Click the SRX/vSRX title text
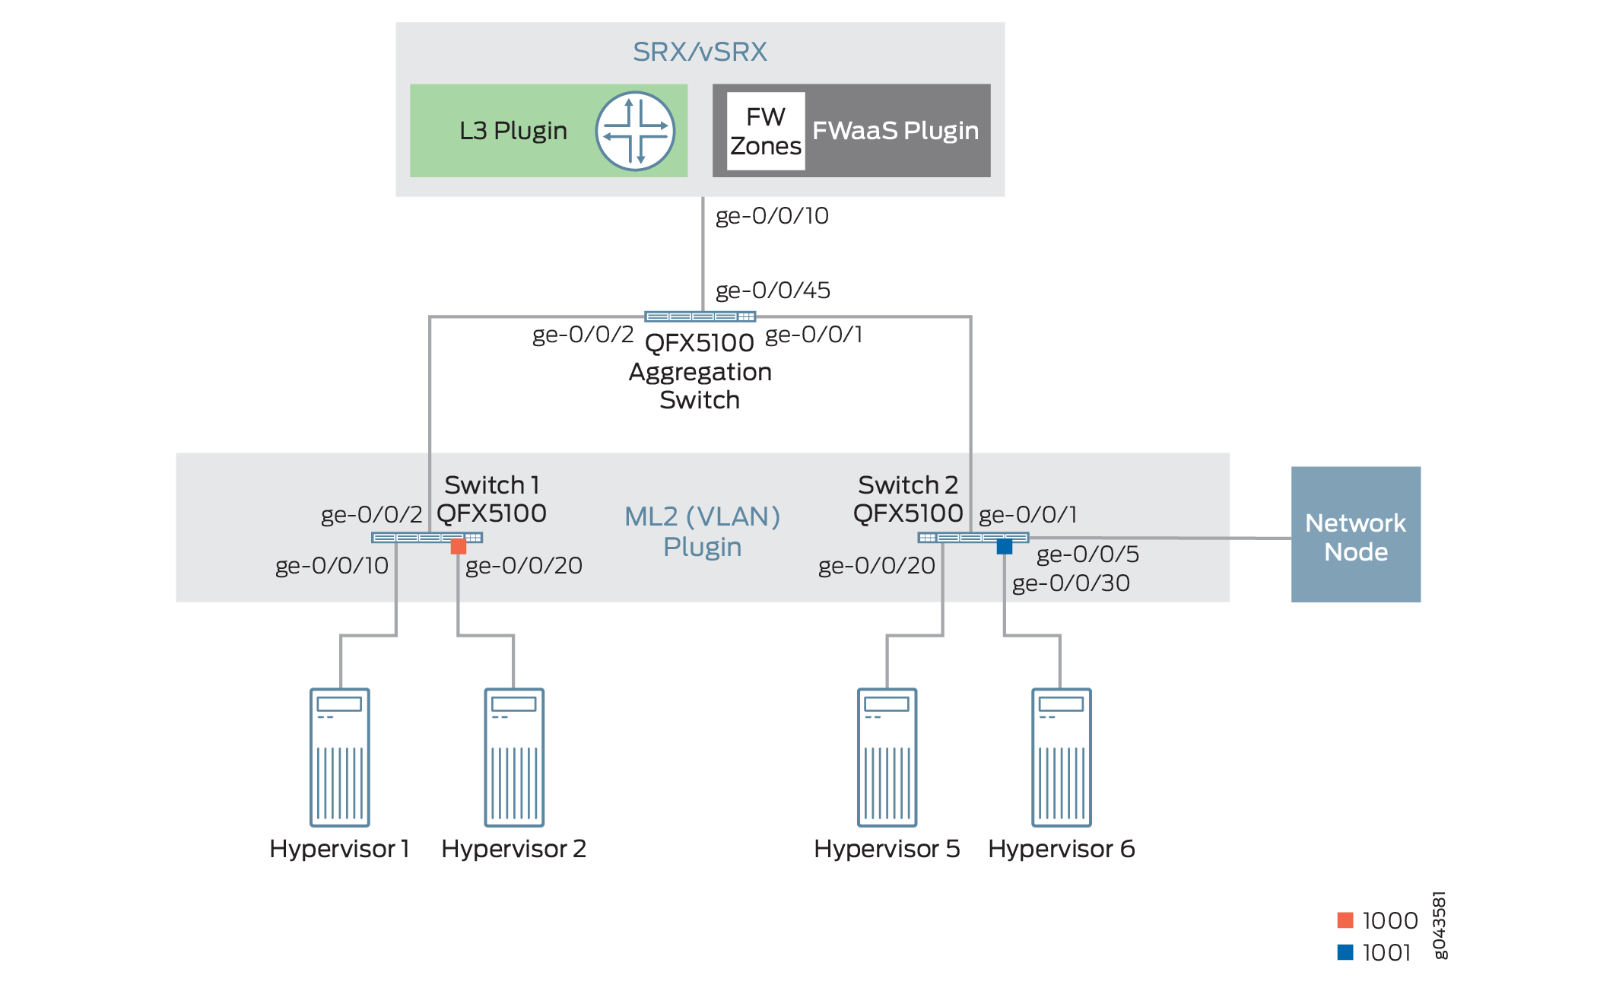(x=700, y=52)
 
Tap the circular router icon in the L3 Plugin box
(x=635, y=131)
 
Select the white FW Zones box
(x=766, y=131)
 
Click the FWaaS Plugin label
(x=895, y=131)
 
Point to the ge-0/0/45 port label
(x=773, y=291)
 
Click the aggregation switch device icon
(x=700, y=316)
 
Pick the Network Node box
(x=1355, y=535)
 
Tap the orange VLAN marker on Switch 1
(x=459, y=546)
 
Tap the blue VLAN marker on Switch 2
(x=1005, y=546)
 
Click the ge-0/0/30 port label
(x=1071, y=583)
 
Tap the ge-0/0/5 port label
(x=1087, y=554)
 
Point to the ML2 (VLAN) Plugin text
(x=702, y=532)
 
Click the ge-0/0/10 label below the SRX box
(x=772, y=216)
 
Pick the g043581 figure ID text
(x=1439, y=925)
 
